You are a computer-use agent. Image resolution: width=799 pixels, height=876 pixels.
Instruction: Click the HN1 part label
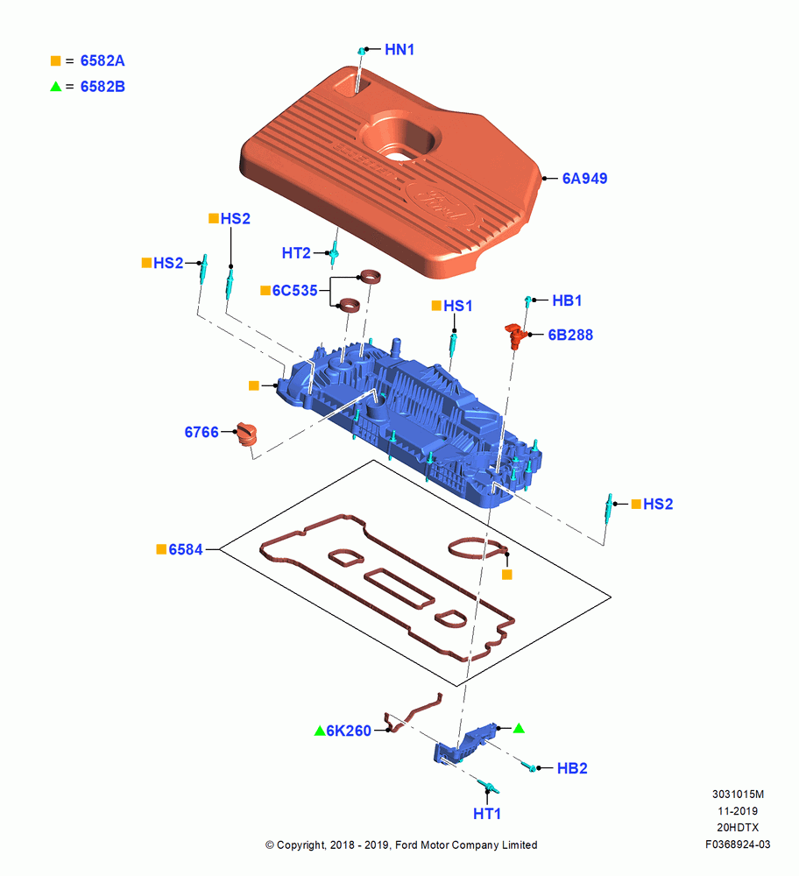[x=399, y=50]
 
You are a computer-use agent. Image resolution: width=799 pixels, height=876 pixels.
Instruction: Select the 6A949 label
[x=584, y=179]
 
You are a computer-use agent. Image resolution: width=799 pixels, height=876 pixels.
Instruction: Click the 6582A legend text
[x=103, y=61]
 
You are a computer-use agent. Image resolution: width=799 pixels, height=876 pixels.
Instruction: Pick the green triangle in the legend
[x=55, y=87]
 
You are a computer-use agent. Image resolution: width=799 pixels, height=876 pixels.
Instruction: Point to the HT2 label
[x=296, y=253]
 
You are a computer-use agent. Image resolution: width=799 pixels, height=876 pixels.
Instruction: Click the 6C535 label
[x=294, y=291]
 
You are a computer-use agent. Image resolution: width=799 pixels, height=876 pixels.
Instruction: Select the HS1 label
[x=457, y=306]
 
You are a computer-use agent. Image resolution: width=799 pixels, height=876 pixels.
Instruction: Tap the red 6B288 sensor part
[x=516, y=335]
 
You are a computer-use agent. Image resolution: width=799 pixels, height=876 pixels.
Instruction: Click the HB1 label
[x=567, y=300]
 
